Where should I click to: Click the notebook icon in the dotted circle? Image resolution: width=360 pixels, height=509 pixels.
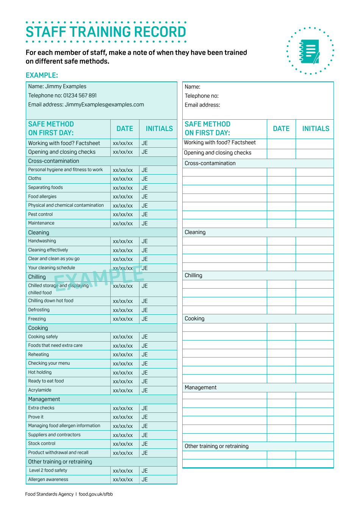(x=310, y=52)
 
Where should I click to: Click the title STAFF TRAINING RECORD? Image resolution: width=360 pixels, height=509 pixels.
(x=106, y=32)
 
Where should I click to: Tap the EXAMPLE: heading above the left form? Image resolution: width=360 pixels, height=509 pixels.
(x=42, y=75)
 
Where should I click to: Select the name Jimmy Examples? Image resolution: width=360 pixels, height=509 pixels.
(x=66, y=86)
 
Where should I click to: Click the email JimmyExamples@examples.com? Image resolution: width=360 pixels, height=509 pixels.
(x=104, y=105)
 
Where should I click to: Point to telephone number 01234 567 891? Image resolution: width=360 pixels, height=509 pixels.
(x=80, y=95)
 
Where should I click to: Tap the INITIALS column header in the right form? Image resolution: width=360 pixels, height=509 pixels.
(x=315, y=129)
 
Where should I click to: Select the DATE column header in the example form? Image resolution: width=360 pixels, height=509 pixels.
(x=125, y=129)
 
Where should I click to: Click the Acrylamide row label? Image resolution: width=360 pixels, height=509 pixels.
(x=40, y=390)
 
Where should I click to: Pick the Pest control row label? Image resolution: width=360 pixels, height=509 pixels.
(x=41, y=214)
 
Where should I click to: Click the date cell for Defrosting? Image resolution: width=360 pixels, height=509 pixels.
(x=123, y=310)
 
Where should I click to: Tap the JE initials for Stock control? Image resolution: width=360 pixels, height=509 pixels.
(x=145, y=444)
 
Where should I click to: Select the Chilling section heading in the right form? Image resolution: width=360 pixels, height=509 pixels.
(x=193, y=275)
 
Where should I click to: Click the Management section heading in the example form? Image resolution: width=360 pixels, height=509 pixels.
(x=44, y=399)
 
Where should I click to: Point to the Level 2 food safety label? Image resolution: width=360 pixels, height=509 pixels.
(x=48, y=470)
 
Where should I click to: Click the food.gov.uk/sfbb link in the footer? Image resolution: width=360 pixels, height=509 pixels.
(x=95, y=494)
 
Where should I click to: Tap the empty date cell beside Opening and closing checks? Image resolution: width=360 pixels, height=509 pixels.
(x=281, y=153)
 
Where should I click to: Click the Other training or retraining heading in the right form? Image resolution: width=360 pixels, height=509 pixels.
(x=216, y=446)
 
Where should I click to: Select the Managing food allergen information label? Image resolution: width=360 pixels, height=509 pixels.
(x=64, y=426)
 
